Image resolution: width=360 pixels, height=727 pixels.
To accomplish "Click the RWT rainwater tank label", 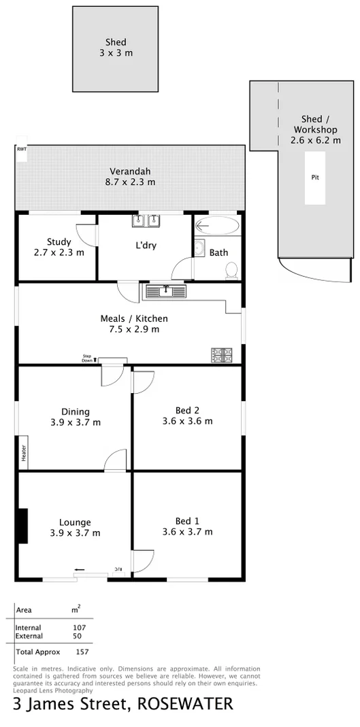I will click(22, 149).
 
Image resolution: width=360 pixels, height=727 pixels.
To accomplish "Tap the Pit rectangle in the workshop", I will click(315, 177).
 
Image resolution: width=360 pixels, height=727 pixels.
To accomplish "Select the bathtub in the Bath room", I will click(218, 226).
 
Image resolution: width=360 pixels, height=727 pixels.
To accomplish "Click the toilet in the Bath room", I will click(231, 270).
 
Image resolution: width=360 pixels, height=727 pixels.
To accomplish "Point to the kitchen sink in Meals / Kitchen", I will click(166, 292).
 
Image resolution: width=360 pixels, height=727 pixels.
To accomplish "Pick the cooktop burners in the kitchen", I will click(223, 354).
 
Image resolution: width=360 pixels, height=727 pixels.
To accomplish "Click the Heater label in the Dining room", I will click(23, 454).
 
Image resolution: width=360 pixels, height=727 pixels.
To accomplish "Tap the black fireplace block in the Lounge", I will click(23, 526).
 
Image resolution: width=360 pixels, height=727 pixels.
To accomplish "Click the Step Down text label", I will click(87, 357).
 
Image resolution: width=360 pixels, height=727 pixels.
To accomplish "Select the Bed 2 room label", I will click(187, 416).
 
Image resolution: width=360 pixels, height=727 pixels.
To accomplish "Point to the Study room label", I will click(59, 246).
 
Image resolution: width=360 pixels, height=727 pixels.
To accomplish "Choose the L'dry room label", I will click(146, 245).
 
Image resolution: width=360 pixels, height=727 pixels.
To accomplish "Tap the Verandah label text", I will click(130, 176).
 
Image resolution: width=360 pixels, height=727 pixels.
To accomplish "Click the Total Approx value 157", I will click(82, 652).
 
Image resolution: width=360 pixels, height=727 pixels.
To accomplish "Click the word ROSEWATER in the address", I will click(185, 704).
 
